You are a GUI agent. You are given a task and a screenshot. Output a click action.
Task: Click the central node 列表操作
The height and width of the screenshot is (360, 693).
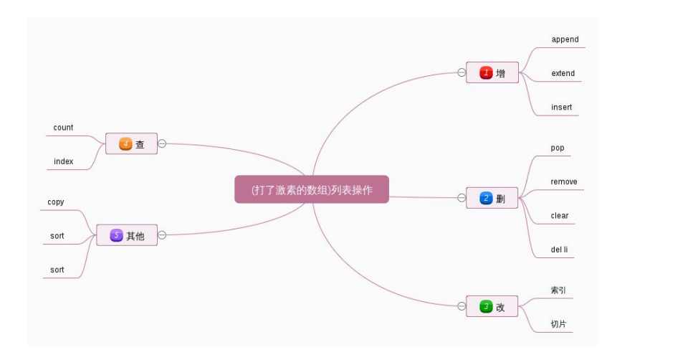(x=311, y=189)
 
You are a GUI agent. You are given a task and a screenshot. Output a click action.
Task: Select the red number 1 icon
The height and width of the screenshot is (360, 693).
(x=486, y=72)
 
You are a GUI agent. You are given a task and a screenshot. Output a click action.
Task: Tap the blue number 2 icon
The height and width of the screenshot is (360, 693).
(x=486, y=198)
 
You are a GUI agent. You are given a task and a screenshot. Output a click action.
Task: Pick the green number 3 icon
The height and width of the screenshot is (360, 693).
(x=486, y=307)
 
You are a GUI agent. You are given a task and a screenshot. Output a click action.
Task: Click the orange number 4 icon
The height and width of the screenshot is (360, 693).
(x=125, y=144)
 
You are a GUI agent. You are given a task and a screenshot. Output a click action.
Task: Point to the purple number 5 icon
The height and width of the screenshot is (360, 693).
(x=116, y=235)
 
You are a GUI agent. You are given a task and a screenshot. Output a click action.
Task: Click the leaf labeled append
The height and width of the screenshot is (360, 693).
(x=565, y=39)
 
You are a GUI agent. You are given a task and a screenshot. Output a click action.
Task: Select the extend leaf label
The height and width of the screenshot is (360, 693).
(x=563, y=73)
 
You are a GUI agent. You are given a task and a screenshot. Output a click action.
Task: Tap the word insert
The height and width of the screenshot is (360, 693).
(x=561, y=108)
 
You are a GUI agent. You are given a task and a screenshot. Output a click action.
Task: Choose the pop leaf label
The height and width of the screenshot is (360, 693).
(x=557, y=148)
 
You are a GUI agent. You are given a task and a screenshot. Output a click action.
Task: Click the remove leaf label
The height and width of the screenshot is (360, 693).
(x=563, y=182)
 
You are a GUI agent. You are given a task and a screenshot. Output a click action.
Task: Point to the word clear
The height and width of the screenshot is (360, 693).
(x=559, y=216)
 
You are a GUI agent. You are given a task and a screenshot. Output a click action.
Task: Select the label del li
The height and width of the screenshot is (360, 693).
(x=559, y=250)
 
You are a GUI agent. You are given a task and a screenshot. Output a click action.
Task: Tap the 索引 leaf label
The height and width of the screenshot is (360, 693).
(x=558, y=290)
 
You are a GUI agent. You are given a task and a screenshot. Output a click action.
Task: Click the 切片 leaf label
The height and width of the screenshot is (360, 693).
(x=558, y=324)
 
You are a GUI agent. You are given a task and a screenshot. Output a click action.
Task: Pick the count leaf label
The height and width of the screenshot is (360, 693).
(x=63, y=128)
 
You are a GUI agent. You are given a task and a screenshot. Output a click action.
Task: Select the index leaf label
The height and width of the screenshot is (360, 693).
(x=63, y=161)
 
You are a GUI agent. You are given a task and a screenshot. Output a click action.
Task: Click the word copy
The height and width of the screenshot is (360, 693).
(x=56, y=202)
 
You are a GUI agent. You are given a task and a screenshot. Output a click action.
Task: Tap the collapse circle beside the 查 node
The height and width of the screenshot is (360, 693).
(x=162, y=143)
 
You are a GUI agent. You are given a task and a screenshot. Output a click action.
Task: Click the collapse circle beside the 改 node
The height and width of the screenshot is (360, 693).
(x=462, y=306)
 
